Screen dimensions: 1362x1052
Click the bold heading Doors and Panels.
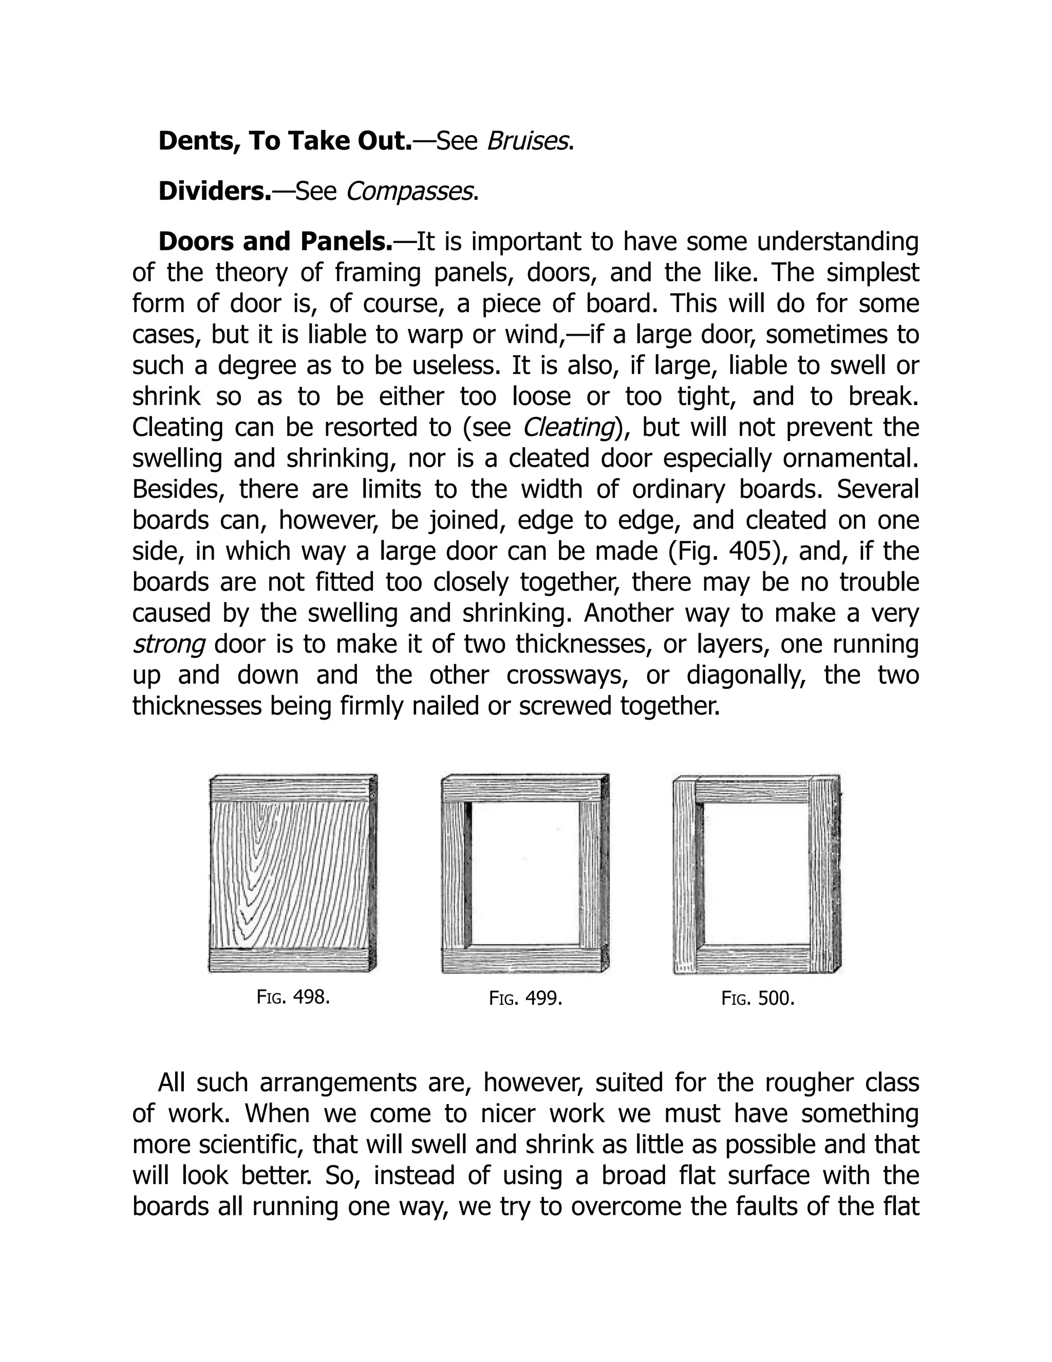(x=275, y=242)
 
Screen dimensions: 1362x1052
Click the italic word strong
(x=168, y=644)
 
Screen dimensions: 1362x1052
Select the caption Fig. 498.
(x=293, y=997)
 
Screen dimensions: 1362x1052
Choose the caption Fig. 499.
(x=525, y=999)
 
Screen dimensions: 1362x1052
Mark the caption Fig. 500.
(x=758, y=999)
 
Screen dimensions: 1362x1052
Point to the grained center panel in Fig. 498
(x=290, y=873)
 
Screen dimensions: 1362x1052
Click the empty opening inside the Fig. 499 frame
(x=525, y=873)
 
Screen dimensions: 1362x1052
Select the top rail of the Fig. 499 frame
(x=525, y=789)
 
